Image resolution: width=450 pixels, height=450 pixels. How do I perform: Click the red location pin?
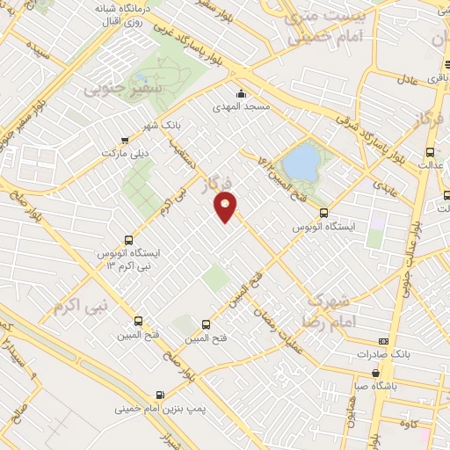(x=227, y=207)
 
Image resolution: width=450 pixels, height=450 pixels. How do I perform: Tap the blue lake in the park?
(x=301, y=162)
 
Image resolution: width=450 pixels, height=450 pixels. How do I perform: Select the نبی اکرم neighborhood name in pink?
(x=81, y=307)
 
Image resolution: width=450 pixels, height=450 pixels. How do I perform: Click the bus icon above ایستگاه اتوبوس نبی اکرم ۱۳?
(x=129, y=239)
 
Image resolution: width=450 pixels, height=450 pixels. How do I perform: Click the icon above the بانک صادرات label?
(x=383, y=341)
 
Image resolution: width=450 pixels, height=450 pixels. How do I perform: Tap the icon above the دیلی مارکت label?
(x=125, y=140)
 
